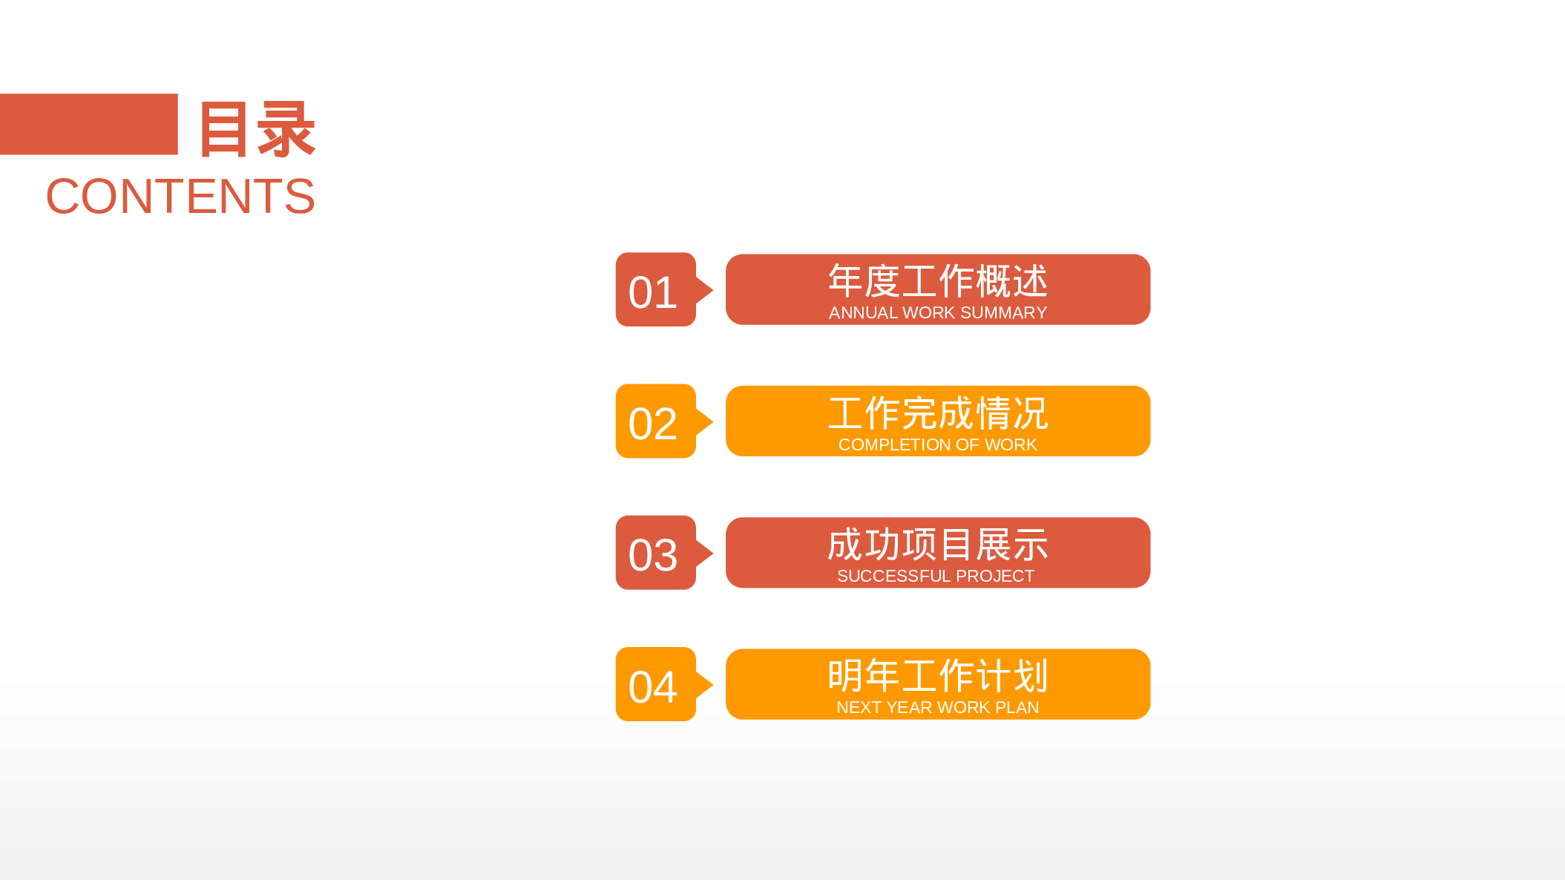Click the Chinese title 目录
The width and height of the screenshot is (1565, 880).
click(x=257, y=130)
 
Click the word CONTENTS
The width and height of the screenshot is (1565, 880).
click(x=180, y=197)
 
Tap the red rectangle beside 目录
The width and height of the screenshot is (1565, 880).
click(x=88, y=124)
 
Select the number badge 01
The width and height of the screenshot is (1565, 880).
click(x=654, y=291)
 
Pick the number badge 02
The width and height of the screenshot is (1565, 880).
click(x=654, y=422)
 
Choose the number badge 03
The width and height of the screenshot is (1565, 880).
click(x=654, y=554)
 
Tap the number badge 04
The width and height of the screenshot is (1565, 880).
click(x=654, y=686)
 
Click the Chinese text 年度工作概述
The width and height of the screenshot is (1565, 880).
click(x=937, y=281)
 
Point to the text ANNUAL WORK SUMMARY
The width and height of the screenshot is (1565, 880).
click(x=937, y=313)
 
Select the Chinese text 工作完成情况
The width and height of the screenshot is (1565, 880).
click(x=937, y=413)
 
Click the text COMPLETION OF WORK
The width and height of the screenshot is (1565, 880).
click(x=937, y=444)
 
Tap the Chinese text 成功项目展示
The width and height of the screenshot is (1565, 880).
click(x=937, y=545)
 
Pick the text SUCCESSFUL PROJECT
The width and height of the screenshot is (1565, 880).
click(x=935, y=576)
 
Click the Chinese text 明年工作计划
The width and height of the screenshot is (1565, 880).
click(x=937, y=676)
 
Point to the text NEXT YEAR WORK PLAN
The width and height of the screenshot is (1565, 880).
click(x=937, y=707)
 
